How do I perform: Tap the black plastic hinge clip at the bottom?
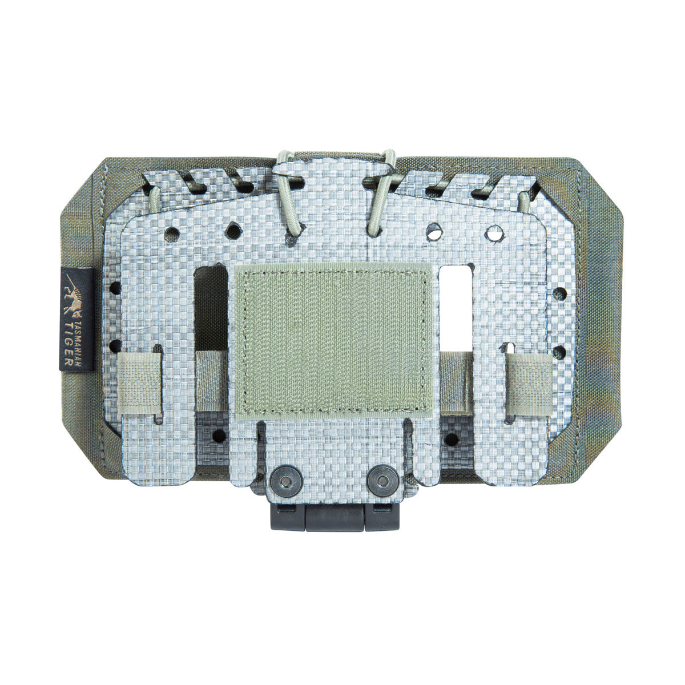pyautogui.click(x=335, y=515)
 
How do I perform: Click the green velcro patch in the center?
pyautogui.click(x=333, y=342)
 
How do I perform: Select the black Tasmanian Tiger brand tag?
pyautogui.click(x=77, y=319)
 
